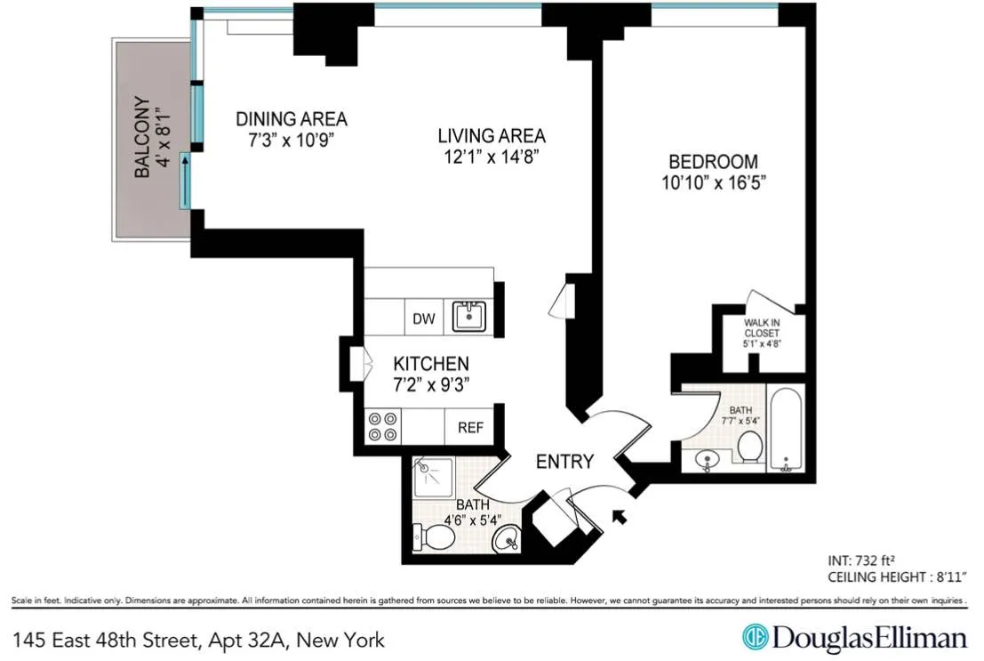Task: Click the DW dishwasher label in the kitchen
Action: [424, 318]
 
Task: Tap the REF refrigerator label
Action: [470, 428]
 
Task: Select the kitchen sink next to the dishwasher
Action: [468, 316]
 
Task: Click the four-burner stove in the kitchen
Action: [382, 427]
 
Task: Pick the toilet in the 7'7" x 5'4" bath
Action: [749, 447]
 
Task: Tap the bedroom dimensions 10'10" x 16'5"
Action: [712, 183]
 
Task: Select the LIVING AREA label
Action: [491, 136]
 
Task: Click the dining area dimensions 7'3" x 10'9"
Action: [291, 141]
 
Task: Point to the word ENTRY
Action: [564, 462]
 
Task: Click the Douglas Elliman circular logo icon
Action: [755, 638]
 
